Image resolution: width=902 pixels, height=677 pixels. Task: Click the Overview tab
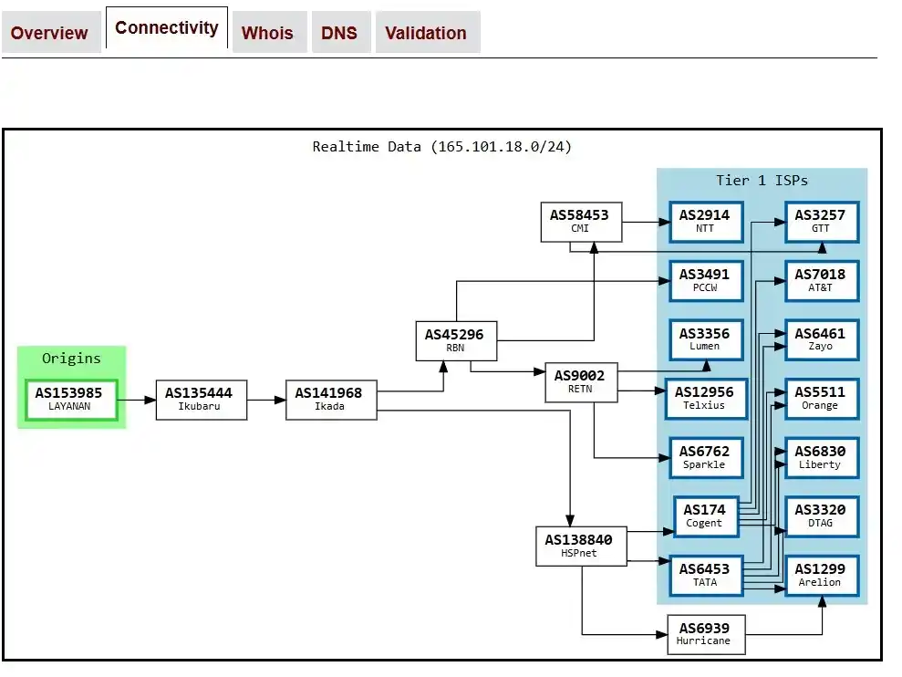(49, 33)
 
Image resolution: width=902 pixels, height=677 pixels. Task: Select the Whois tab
(267, 33)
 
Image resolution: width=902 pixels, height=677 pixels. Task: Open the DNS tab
(339, 33)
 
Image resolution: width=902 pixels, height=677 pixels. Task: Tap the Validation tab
(425, 33)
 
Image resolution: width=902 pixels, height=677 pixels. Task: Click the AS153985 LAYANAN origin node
(70, 400)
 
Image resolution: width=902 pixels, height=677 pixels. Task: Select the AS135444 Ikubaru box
(200, 400)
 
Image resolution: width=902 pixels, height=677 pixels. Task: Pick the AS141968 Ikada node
(330, 400)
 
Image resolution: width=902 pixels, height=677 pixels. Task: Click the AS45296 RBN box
(455, 340)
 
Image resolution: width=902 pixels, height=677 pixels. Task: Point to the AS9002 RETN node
(580, 382)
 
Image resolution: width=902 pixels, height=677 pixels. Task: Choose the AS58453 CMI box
(580, 222)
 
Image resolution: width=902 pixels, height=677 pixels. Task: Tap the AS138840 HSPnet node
(580, 546)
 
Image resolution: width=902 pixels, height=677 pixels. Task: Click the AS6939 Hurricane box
(704, 634)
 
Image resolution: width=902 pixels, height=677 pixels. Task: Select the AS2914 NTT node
(705, 222)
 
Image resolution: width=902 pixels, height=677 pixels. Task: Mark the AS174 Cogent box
(705, 516)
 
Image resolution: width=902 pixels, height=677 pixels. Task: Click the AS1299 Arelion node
(821, 576)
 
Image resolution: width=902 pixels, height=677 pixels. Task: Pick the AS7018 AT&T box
(821, 280)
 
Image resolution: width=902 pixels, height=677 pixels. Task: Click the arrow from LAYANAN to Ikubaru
(138, 400)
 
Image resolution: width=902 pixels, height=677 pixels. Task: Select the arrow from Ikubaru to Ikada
(265, 400)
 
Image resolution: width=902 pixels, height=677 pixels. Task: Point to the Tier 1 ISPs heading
(762, 181)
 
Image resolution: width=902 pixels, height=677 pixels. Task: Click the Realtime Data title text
(442, 146)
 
